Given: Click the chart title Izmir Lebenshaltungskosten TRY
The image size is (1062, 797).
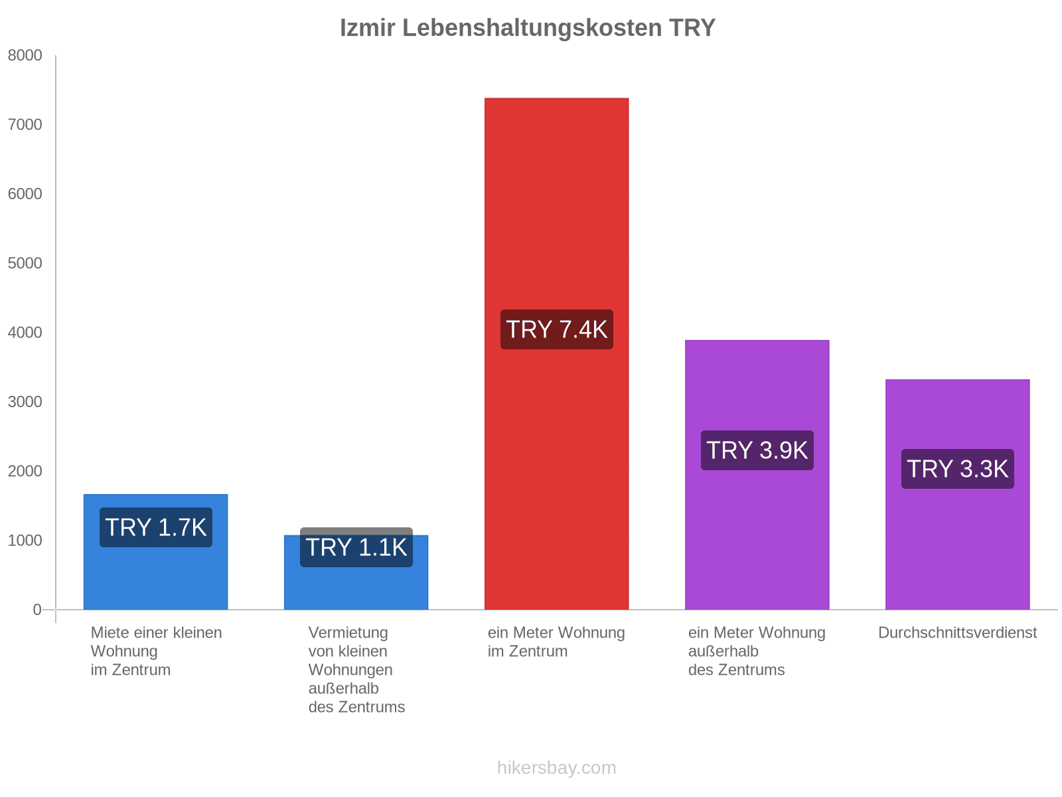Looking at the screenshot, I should coord(528,28).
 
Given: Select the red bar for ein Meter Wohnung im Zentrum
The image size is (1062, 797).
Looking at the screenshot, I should coord(556,199).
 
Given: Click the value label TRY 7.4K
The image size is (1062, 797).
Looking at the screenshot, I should coord(556,329).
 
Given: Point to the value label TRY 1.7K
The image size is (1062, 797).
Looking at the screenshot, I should coord(156,527).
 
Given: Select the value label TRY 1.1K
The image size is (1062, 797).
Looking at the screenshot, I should coord(356,547).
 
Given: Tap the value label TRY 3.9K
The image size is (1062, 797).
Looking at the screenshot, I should coord(757,450).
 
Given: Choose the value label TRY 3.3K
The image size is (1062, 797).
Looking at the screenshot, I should coord(957,469).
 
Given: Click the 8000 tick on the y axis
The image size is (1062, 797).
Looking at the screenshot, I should coord(25,56).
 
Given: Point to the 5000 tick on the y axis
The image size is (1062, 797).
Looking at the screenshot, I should coord(25,264).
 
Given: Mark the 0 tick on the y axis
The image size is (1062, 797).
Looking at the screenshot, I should coord(37,610).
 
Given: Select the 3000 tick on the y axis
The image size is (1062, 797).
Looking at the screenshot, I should coord(25,402).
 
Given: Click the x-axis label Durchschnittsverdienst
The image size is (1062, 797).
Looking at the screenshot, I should coord(957,633).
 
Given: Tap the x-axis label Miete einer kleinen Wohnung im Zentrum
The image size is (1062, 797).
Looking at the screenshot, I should coord(156,651).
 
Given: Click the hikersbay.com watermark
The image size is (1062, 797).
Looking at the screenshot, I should coord(556,768).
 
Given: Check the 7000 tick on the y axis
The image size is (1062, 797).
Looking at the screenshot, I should coord(25,125).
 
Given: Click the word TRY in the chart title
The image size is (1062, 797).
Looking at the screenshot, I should coord(692,28).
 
